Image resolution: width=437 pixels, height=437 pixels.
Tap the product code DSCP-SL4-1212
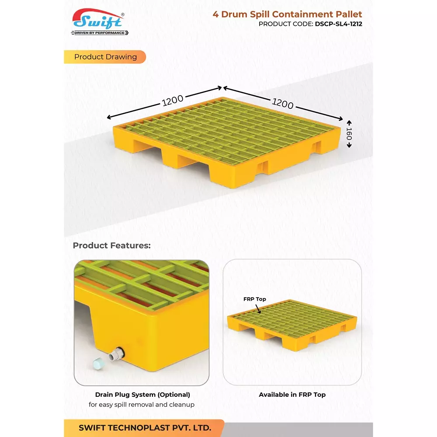point(338,24)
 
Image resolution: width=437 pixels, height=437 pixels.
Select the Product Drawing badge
point(105,57)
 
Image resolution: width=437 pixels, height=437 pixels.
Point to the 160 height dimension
point(349,133)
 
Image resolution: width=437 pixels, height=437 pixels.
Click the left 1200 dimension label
point(173,101)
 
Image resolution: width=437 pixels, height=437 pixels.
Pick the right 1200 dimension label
point(283,103)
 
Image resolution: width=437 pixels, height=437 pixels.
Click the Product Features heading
point(111,246)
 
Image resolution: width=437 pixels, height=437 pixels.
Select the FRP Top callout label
point(254,299)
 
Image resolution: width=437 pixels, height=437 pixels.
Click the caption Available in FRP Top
point(292,395)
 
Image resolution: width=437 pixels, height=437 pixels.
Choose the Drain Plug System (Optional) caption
point(142,395)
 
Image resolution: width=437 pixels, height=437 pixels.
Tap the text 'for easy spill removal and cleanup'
point(142,405)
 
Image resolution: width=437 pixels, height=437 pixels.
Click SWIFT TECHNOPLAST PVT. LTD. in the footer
point(145,427)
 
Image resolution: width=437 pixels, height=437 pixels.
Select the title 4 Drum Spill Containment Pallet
point(287,14)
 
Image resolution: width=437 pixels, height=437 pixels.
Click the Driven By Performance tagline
point(99,33)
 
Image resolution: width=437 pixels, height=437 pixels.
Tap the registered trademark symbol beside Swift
point(123,14)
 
